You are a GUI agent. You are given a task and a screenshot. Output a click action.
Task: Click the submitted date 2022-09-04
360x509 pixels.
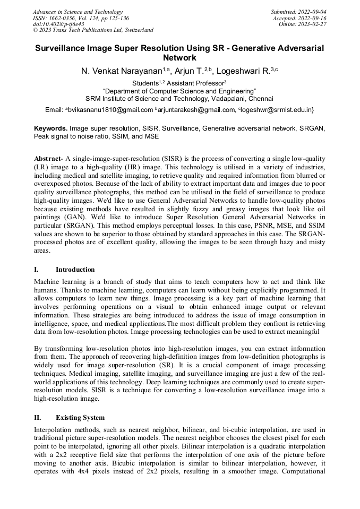[312, 12]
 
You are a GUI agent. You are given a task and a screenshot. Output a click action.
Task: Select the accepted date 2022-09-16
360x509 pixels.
[312, 18]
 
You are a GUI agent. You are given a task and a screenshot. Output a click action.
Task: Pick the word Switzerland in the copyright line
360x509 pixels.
[135, 30]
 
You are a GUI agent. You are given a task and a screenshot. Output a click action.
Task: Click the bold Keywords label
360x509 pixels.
[51, 128]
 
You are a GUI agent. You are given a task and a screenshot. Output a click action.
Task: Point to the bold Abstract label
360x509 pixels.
[49, 159]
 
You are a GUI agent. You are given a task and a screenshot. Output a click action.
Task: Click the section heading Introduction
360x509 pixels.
[75, 269]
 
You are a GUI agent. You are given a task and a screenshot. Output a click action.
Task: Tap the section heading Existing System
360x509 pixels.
[80, 417]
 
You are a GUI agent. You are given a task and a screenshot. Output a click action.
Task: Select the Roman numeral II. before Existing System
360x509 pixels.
[37, 417]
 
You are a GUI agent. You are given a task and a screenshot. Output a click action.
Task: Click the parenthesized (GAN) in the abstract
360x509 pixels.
[74, 218]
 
